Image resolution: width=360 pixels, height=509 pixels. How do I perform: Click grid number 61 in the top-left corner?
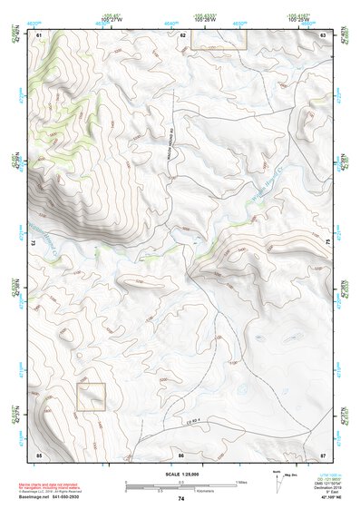38,34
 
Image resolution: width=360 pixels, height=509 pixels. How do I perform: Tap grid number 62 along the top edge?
182,34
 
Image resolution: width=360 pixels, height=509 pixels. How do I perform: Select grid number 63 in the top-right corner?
324,34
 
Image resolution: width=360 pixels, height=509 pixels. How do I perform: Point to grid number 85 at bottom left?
38,454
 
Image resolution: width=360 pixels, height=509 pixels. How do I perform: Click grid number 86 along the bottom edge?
181,454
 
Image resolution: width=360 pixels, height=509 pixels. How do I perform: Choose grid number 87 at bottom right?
324,454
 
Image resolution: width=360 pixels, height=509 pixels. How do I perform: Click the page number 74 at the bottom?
181,499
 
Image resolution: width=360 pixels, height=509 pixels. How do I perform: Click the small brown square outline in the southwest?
91,396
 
